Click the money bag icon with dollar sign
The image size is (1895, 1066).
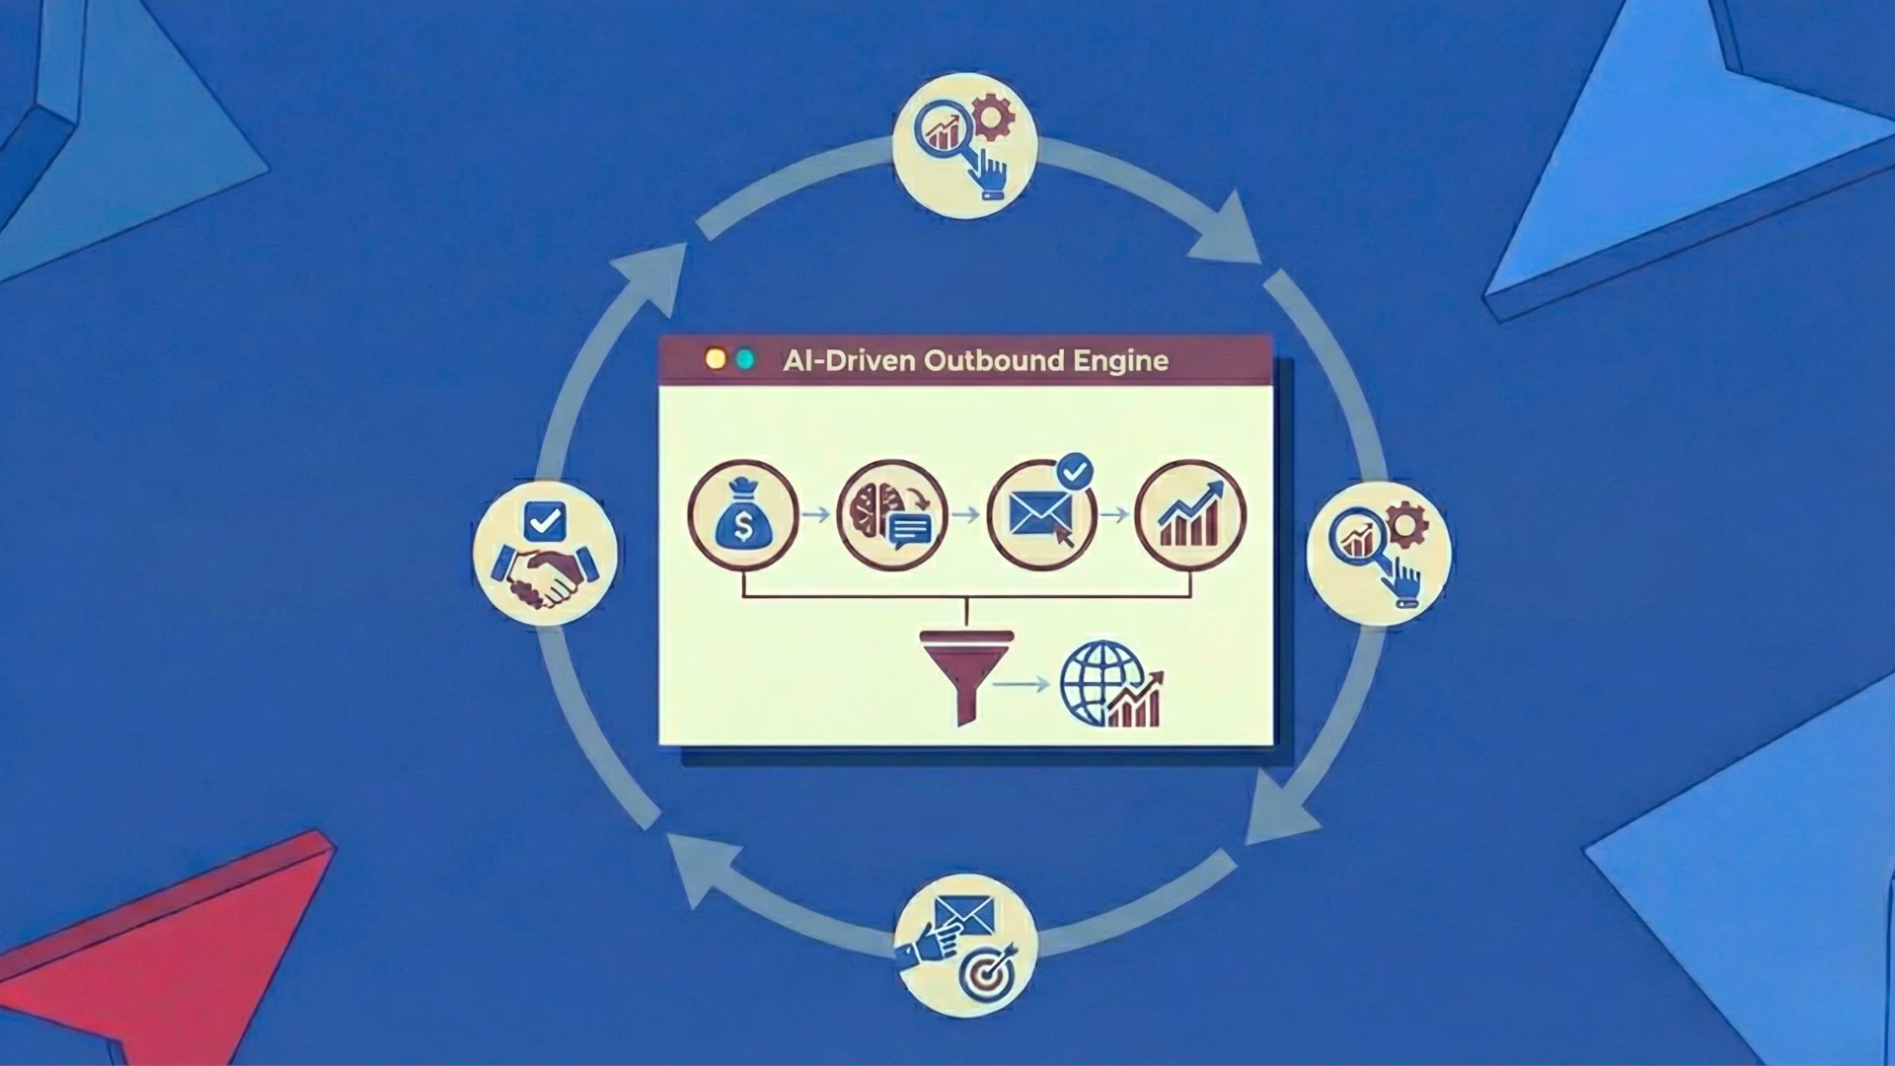742,515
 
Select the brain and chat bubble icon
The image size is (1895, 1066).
891,515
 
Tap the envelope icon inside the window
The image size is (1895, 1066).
1040,515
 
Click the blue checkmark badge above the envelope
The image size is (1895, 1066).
1074,471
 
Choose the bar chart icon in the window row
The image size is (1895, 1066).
1190,515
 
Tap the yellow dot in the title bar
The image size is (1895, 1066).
716,359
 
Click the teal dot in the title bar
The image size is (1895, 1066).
745,359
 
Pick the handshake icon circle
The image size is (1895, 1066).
545,553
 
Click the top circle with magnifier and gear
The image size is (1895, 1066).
964,145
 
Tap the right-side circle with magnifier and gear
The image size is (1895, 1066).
1379,553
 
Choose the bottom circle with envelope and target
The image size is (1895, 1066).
965,945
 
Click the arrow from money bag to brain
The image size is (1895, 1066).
815,515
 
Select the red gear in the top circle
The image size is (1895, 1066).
992,118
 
